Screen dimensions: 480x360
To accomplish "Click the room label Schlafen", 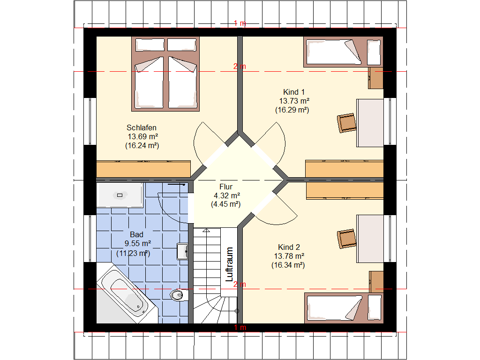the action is click(142, 127).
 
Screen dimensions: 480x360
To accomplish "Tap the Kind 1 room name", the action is click(294, 92).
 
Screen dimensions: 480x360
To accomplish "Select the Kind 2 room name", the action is click(289, 247).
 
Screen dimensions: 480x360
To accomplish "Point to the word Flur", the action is click(226, 187).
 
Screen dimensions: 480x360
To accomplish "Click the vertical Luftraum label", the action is click(229, 264).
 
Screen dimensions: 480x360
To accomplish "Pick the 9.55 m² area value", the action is click(138, 243).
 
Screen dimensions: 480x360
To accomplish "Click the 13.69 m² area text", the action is click(142, 136).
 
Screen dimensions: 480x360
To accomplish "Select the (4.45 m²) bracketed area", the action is click(226, 204).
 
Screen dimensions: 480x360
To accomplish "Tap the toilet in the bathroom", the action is click(179, 295).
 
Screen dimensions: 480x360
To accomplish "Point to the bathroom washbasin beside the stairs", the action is click(182, 252).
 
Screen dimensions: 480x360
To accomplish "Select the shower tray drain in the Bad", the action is click(120, 195).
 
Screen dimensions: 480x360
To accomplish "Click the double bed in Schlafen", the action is click(165, 74).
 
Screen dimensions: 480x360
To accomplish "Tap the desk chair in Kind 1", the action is click(346, 123).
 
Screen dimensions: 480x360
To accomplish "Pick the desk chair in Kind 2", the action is click(346, 239).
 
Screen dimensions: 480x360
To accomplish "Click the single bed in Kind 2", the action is click(344, 308).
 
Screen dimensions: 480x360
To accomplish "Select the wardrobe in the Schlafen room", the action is click(143, 169).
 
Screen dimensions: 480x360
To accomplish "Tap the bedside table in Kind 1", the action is click(376, 78).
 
